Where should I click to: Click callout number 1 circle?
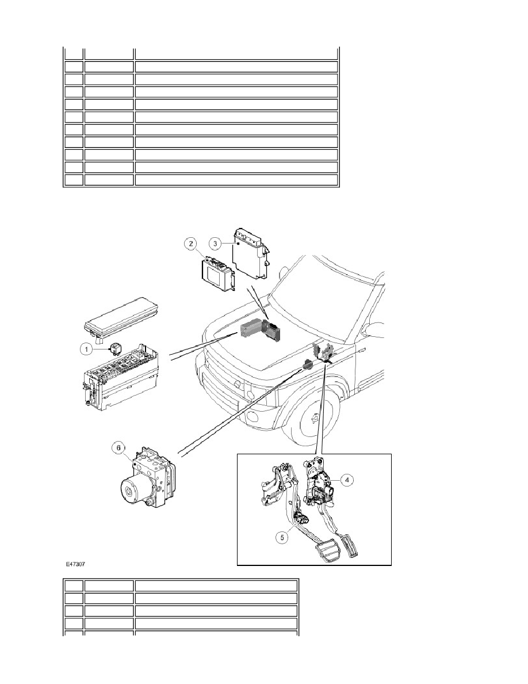86,349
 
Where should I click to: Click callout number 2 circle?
190,244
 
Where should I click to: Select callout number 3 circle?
215,243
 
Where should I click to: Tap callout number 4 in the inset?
347,480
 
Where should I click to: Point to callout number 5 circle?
282,537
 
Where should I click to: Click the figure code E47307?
75,564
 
